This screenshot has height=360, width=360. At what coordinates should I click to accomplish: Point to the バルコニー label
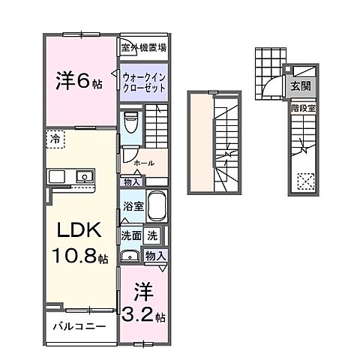point(79,327)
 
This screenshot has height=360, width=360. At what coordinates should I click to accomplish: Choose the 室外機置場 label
point(144,46)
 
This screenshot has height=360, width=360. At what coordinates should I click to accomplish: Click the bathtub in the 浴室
point(157,205)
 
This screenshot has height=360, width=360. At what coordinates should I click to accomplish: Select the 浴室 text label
point(133,205)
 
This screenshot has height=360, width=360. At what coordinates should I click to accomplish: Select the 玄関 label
point(300,85)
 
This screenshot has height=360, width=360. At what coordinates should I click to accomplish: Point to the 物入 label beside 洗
point(156,256)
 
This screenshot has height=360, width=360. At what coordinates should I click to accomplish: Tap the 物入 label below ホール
point(130,181)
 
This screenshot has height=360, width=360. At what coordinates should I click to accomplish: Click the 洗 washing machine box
point(152,235)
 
